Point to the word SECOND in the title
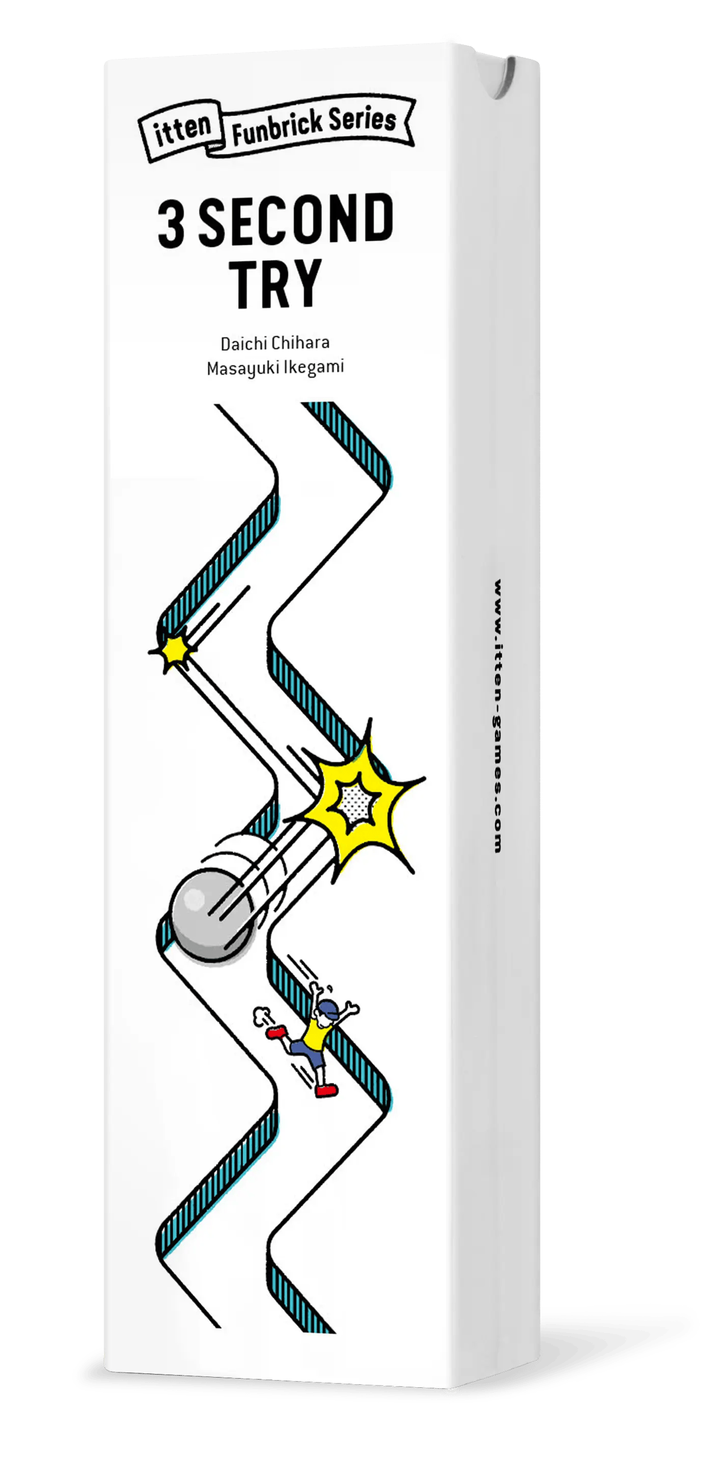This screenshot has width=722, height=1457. coord(296,220)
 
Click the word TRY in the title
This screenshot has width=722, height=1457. coord(276,283)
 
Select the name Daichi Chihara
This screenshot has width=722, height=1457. coord(275,343)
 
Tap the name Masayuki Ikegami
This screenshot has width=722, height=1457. coord(275,368)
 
